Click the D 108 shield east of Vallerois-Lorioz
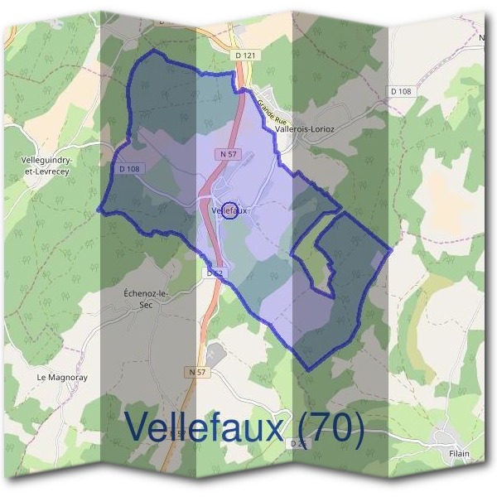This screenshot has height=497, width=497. pos(400,91)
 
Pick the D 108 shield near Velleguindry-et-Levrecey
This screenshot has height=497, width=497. pos(129,168)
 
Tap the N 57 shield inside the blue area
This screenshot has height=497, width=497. pos(229,154)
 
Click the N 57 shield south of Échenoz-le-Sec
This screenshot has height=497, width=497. pos(197,373)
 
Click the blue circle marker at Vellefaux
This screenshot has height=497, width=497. pos(231,211)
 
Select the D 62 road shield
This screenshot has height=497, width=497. pos(215,272)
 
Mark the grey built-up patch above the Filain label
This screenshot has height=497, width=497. pos(452,437)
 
